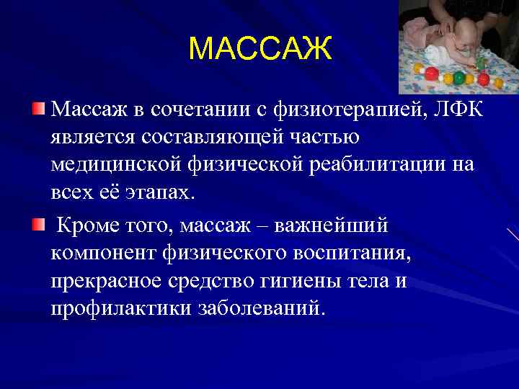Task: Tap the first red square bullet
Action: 37,109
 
